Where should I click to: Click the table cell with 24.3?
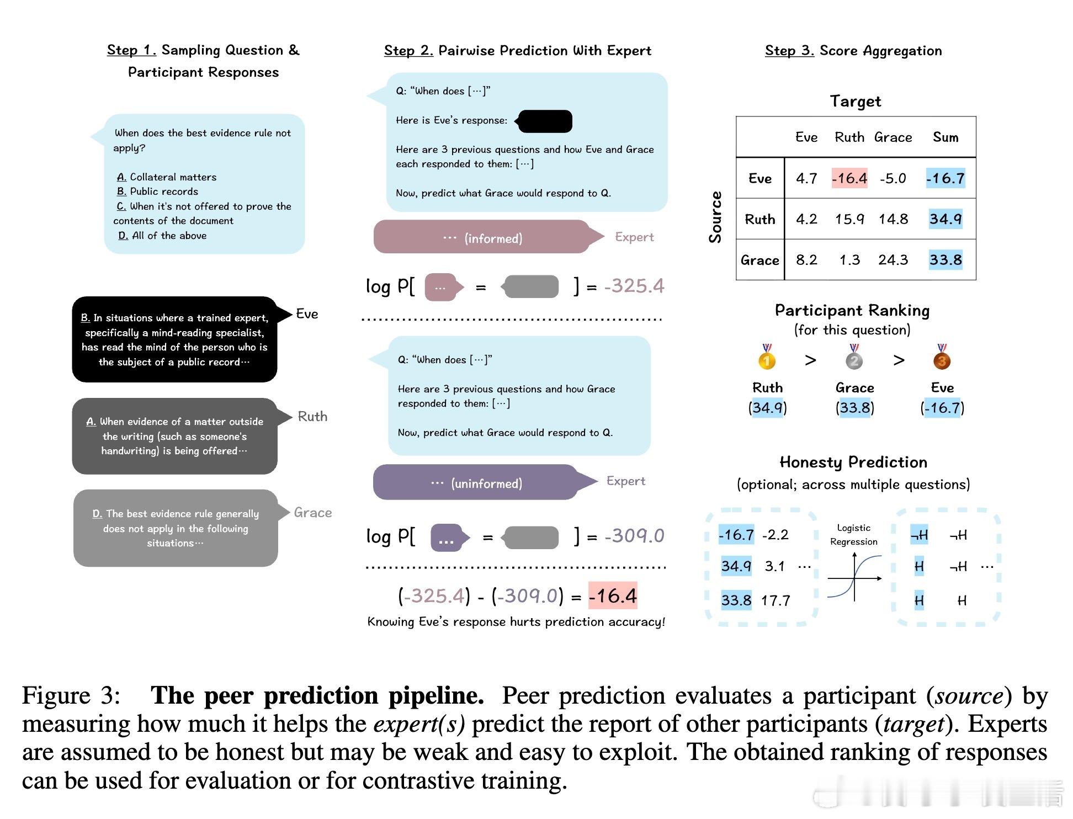coord(893,260)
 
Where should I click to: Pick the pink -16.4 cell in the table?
coord(849,178)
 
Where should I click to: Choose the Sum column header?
coord(945,137)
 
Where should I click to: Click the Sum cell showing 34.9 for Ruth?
coord(945,219)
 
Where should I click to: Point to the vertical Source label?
coord(715,217)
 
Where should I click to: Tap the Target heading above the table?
coord(855,101)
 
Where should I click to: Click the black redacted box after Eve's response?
coord(545,121)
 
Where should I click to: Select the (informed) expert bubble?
coord(481,238)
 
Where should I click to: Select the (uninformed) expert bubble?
coord(476,483)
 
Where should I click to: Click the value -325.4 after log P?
coord(634,286)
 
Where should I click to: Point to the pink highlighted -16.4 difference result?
coord(612,596)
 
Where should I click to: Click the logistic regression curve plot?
coord(854,577)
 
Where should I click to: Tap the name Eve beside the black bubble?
coord(307,314)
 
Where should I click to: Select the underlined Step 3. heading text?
coord(789,51)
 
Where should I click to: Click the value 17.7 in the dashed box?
coord(775,600)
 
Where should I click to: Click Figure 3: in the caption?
coord(71,695)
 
